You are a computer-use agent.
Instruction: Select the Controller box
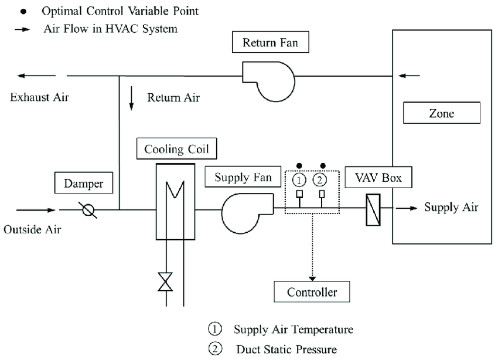(313, 291)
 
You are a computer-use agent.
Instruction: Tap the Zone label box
(441, 113)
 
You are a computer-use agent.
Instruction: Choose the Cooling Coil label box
(176, 149)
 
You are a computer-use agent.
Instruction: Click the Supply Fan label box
(243, 176)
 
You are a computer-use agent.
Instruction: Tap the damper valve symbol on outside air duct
(89, 210)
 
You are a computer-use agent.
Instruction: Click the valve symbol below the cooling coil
(167, 282)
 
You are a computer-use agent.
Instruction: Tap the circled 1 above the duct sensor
(299, 179)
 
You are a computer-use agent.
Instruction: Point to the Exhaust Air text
(39, 97)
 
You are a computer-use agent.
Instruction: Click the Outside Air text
(32, 229)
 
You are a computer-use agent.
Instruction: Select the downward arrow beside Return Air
(132, 99)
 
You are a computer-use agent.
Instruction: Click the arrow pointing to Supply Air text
(407, 208)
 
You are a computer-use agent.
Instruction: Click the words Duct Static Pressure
(286, 350)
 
